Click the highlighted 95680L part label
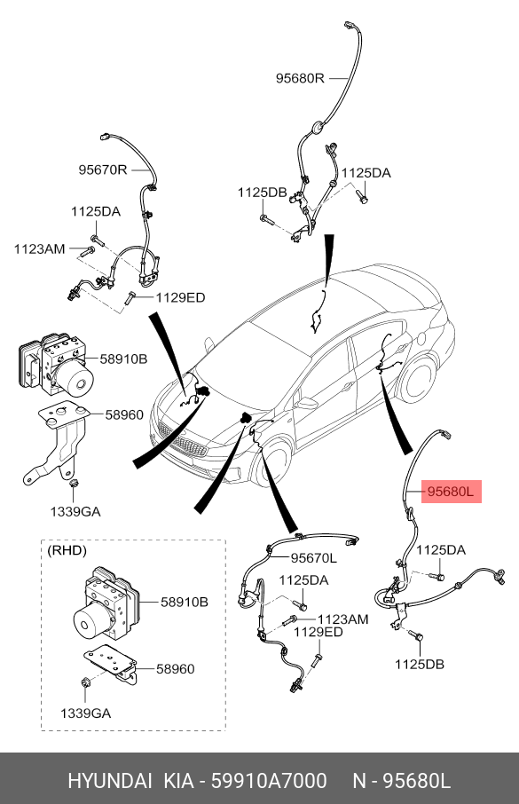click(452, 492)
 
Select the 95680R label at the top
click(300, 78)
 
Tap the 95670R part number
click(103, 169)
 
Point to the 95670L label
click(314, 558)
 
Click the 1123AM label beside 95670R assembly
click(40, 249)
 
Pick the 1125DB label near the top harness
click(262, 193)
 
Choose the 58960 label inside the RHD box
click(176, 668)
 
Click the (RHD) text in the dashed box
click(67, 551)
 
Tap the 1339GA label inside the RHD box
click(86, 713)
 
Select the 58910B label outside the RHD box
click(123, 359)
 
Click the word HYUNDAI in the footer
click(110, 781)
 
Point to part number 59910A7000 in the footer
click(269, 781)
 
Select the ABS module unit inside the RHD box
click(105, 603)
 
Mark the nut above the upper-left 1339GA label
click(73, 482)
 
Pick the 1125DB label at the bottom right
click(420, 664)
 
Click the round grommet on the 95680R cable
click(318, 126)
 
